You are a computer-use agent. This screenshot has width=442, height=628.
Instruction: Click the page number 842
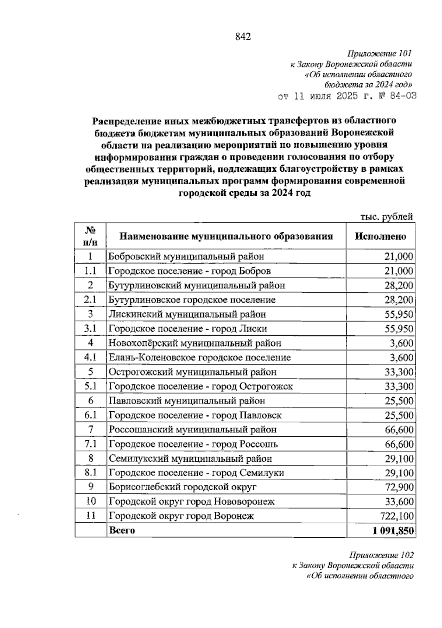click(242, 37)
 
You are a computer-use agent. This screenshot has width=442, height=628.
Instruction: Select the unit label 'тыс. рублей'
click(386, 217)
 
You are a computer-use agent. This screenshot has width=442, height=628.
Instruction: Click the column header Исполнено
click(380, 236)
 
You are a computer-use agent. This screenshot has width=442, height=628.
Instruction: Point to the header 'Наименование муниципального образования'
click(226, 236)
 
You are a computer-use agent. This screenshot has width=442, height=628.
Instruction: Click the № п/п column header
click(91, 236)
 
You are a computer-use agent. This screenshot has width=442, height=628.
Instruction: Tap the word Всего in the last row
click(122, 531)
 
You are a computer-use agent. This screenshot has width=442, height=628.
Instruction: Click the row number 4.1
click(91, 357)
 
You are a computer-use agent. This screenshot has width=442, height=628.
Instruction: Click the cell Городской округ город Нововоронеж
click(192, 502)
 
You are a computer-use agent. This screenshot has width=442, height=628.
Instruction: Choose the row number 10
click(91, 501)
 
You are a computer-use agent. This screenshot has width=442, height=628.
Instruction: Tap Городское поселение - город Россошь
click(193, 444)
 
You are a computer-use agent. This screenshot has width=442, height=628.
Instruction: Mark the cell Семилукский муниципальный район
click(190, 458)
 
